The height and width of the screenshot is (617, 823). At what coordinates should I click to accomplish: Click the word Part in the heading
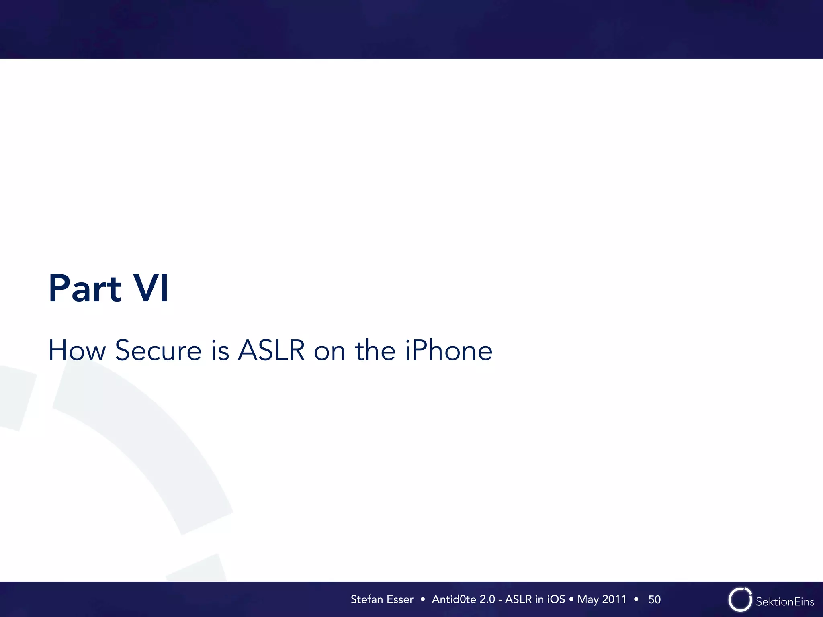pos(85,288)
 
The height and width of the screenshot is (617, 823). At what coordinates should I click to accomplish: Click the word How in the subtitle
pos(77,350)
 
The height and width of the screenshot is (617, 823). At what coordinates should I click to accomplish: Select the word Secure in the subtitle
pos(158,350)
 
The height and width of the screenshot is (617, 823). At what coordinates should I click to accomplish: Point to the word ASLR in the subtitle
pos(271,350)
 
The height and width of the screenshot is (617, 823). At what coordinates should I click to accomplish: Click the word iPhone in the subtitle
pos(448,350)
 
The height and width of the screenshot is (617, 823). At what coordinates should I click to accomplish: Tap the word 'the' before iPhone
pos(375,350)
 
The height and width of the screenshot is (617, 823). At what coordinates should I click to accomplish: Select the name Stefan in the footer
pos(366,599)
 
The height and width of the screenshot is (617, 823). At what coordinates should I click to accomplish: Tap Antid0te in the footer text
pos(454,599)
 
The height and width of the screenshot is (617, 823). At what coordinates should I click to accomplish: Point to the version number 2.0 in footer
pos(487,599)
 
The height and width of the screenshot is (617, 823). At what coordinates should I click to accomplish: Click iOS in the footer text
pos(556,599)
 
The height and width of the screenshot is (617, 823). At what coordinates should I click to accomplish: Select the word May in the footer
pos(588,600)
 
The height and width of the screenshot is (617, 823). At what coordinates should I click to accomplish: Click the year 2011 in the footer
pos(614,599)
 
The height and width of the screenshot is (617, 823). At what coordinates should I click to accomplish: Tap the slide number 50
pos(654,600)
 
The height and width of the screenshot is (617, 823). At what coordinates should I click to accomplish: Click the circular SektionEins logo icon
pos(740,600)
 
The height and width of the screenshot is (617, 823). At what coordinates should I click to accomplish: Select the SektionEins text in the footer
pos(785,602)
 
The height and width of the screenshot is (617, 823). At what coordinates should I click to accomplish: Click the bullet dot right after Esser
pos(422,599)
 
